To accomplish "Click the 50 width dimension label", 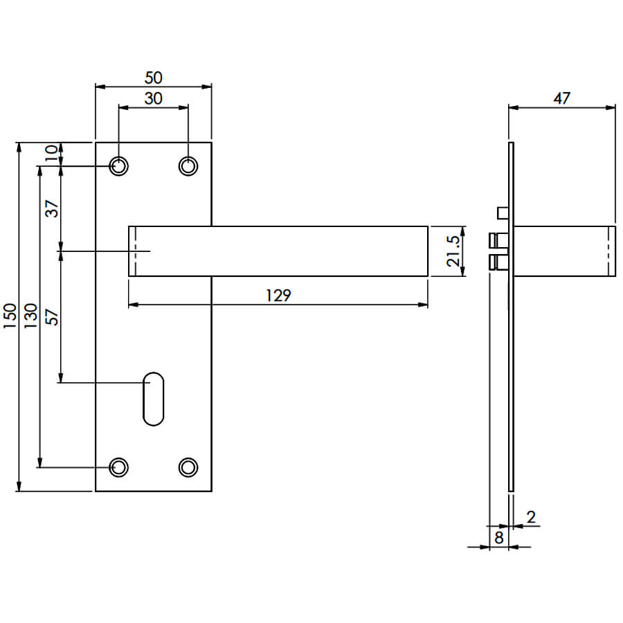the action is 154,78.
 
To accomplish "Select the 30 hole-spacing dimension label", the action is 154,98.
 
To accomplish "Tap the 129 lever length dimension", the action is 278,296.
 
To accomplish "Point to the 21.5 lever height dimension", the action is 453,251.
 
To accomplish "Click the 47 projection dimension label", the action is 562,98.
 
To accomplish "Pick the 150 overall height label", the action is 10,316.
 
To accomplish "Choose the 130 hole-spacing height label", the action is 30,316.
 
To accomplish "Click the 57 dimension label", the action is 52,318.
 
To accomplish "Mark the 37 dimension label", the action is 52,208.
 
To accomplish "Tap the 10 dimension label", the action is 51,153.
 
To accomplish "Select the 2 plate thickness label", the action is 531,517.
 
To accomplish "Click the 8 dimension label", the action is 499,538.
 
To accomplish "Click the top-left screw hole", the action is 118,166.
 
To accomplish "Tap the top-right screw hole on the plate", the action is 188,166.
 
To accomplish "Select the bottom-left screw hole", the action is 118,468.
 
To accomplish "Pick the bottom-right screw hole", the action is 188,468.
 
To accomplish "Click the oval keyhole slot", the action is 154,399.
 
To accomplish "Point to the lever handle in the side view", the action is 565,251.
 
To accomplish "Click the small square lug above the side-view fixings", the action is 503,213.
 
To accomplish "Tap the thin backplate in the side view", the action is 511,316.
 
